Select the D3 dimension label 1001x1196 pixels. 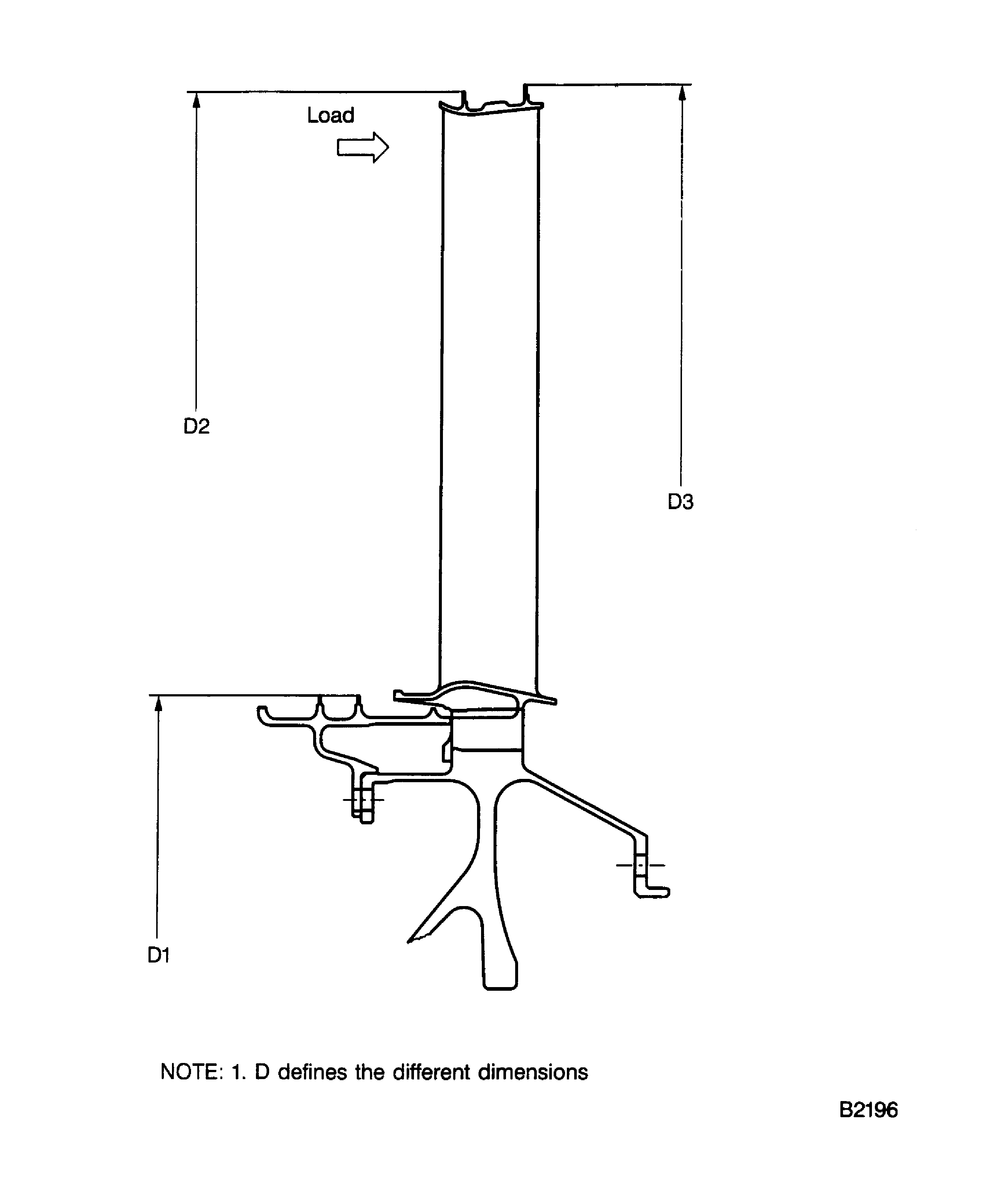[x=680, y=502]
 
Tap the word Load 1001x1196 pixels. [x=330, y=115]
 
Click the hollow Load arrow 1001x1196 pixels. [x=362, y=147]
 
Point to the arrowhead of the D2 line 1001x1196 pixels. [x=197, y=100]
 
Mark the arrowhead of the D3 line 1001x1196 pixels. [x=682, y=93]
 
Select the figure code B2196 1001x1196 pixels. [x=868, y=1110]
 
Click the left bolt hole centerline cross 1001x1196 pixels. [x=363, y=800]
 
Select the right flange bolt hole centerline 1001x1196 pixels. [x=640, y=865]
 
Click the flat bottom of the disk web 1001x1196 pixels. [x=500, y=988]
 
